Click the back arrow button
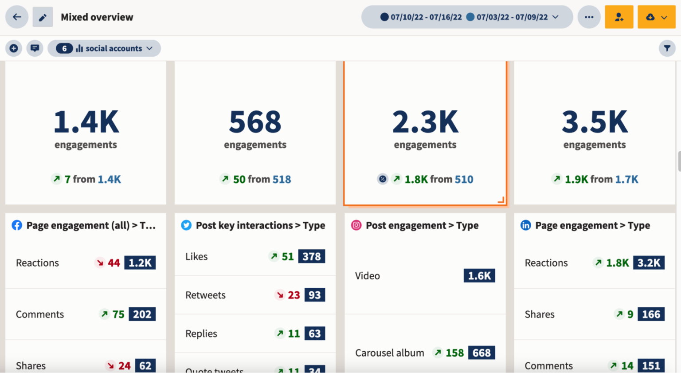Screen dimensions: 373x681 pos(17,17)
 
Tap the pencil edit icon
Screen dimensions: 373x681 pos(43,17)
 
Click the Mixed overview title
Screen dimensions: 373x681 pos(97,17)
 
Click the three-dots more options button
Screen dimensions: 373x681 pos(589,17)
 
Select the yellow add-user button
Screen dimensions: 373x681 pos(619,17)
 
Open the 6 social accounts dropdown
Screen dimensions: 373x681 pos(104,48)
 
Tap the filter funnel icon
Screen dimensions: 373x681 pos(667,48)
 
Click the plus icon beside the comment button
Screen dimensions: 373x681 pos(14,48)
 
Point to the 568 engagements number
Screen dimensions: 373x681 pos(255,122)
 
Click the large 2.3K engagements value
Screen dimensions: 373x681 pos(425,122)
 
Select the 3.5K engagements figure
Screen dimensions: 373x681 pos(595,122)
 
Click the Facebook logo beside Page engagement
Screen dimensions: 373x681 pos(17,225)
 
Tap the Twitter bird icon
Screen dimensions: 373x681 pos(186,225)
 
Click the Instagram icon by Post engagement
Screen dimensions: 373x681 pos(356,225)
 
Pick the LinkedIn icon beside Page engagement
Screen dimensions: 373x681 pos(525,225)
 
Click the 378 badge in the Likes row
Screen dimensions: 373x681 pos(312,256)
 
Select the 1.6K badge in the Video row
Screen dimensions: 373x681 pos(479,276)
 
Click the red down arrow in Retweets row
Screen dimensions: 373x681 pos(280,295)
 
